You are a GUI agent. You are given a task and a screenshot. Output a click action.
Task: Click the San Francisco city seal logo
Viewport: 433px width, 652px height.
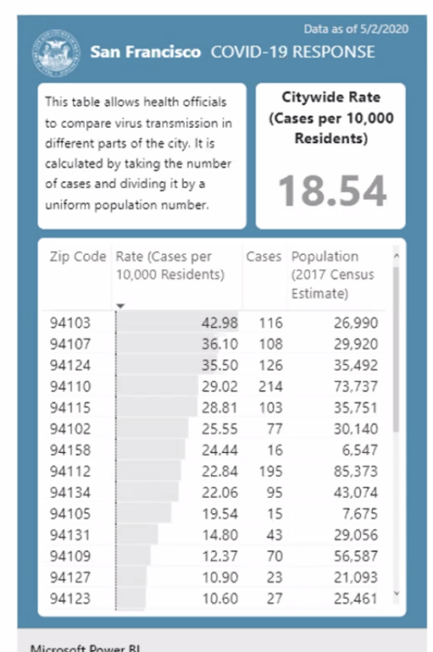click(x=56, y=53)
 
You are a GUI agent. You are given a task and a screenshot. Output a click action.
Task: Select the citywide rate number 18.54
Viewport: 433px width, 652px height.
click(x=332, y=191)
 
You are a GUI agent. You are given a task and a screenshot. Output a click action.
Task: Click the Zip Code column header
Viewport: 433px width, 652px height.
click(x=78, y=257)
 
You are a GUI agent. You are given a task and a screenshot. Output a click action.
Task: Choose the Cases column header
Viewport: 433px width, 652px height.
click(x=263, y=257)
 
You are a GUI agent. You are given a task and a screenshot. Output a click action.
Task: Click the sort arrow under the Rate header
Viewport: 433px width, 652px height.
click(x=120, y=306)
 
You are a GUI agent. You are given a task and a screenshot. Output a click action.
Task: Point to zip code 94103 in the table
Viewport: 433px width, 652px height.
click(x=70, y=322)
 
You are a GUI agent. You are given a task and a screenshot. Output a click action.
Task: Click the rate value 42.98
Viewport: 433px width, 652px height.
click(x=220, y=322)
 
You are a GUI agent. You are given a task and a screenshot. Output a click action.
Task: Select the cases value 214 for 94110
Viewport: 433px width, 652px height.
click(x=271, y=386)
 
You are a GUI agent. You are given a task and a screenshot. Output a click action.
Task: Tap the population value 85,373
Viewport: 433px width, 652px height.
click(x=356, y=471)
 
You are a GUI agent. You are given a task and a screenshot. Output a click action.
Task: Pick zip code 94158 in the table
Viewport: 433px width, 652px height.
click(x=70, y=450)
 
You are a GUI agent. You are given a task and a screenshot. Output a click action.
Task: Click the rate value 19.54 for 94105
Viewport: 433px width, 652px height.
click(x=220, y=513)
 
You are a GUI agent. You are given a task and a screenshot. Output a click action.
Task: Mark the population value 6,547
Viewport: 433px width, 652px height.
click(x=360, y=450)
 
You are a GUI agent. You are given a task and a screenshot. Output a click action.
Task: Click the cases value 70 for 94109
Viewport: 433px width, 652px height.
click(x=274, y=556)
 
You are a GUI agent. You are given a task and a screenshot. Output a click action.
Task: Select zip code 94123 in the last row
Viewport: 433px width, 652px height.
click(x=70, y=598)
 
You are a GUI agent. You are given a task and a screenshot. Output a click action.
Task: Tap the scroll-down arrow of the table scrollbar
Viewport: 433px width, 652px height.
click(x=396, y=593)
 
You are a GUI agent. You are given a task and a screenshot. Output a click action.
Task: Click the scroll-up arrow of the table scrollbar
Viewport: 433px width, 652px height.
click(x=396, y=256)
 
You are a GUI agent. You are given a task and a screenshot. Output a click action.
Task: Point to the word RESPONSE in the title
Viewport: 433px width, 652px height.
click(x=334, y=52)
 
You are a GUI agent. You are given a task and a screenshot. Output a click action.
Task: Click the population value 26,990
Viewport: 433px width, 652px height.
click(x=356, y=322)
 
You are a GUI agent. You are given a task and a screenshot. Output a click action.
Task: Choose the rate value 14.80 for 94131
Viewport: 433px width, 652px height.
click(x=220, y=535)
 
